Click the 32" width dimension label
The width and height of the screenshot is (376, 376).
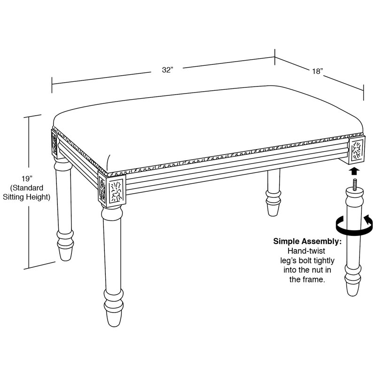pyautogui.click(x=167, y=70)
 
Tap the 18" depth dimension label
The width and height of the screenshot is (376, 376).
pyautogui.click(x=318, y=71)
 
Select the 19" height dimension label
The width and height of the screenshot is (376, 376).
pyautogui.click(x=27, y=179)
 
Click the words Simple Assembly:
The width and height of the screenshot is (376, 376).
pyautogui.click(x=307, y=241)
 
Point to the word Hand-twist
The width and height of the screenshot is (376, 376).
pyautogui.click(x=306, y=251)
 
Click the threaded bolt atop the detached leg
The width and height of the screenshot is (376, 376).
pyautogui.click(x=354, y=184)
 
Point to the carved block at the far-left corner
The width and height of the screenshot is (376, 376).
pyautogui.click(x=55, y=143)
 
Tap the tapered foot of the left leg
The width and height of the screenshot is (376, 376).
pyautogui.click(x=65, y=253)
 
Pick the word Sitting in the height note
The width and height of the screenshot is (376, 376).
pyautogui.click(x=14, y=197)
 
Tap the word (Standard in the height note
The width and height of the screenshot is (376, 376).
pyautogui.click(x=27, y=188)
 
